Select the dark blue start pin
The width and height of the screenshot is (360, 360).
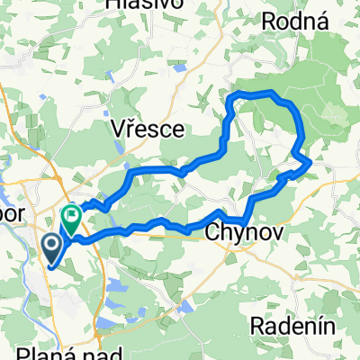click(51, 247)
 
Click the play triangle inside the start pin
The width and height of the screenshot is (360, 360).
click(52, 244)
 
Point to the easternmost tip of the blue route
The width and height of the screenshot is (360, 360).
click(311, 162)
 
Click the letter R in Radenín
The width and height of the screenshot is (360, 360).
click(259, 324)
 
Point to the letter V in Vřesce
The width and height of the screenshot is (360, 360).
click(117, 130)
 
